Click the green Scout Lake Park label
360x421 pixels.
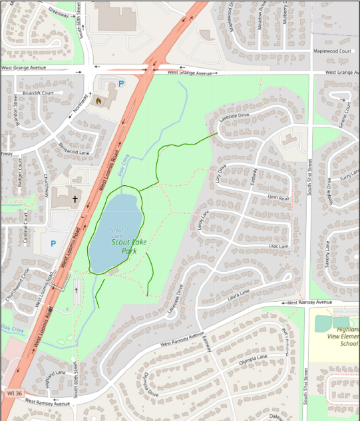click(x=125, y=247)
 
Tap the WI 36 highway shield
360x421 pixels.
click(x=11, y=394)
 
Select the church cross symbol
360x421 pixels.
click(x=75, y=199)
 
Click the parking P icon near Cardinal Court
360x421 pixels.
click(x=53, y=244)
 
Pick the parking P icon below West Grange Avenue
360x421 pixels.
click(x=121, y=84)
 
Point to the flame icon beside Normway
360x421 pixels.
click(x=99, y=101)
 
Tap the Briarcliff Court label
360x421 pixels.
click(x=37, y=93)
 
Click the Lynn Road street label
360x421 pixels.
click(x=278, y=198)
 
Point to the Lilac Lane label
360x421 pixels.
click(x=278, y=246)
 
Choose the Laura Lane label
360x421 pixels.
click(x=238, y=292)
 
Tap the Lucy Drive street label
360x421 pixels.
click(x=222, y=174)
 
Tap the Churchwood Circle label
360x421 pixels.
click(x=18, y=286)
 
